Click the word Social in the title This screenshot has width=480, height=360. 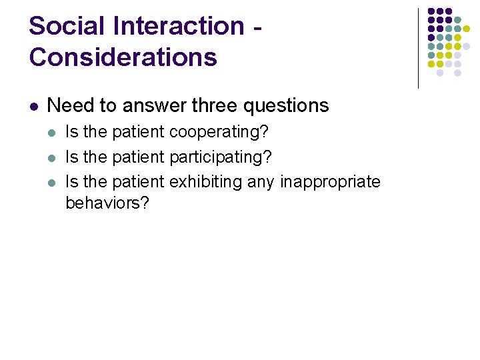point(67,26)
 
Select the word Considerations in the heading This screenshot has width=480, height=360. point(123,57)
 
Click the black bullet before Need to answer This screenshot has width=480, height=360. point(34,106)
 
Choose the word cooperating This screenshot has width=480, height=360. point(219,132)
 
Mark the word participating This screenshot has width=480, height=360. point(221,157)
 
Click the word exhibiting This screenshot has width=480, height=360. point(206,181)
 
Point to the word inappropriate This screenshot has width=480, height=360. point(330,181)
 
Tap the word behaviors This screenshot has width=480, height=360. point(107,203)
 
